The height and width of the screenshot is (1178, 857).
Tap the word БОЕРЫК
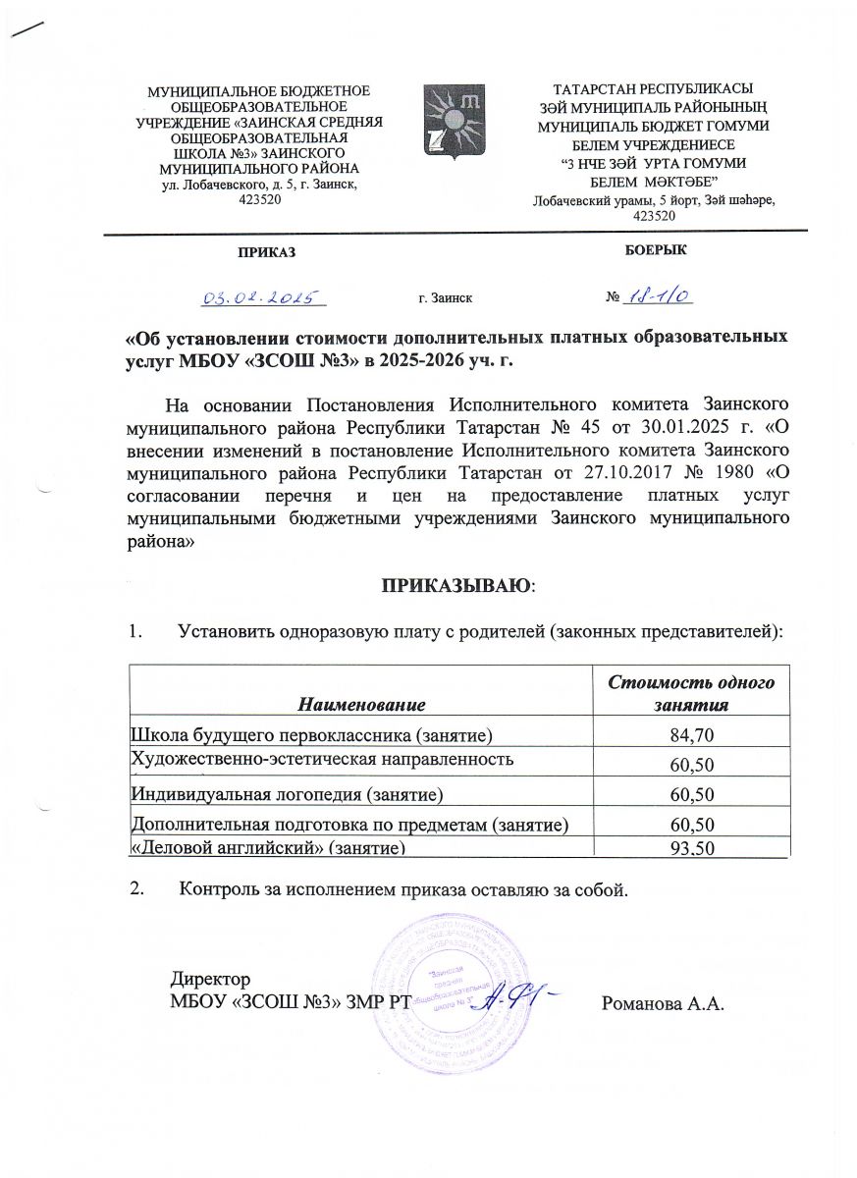click(x=655, y=250)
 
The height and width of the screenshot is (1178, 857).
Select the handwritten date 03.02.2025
click(x=264, y=295)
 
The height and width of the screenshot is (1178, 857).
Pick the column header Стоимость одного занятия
click(x=692, y=694)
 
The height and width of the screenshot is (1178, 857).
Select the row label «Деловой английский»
click(x=268, y=848)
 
